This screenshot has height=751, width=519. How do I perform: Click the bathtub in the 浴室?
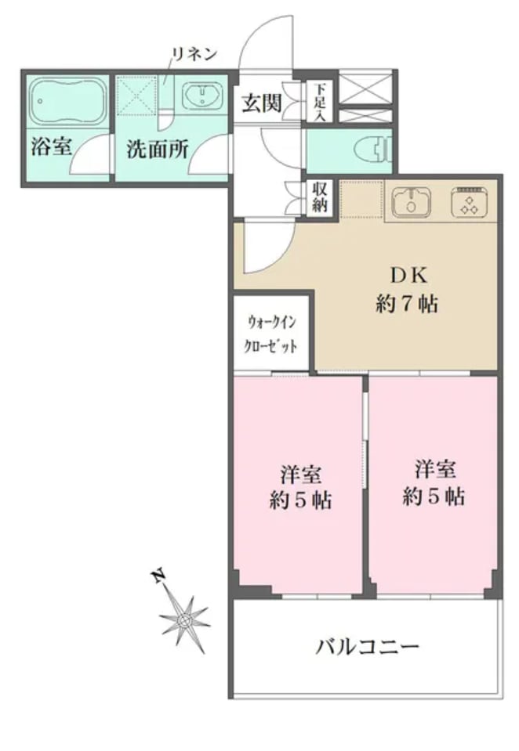(67, 100)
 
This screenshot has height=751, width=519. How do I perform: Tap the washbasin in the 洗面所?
(202, 96)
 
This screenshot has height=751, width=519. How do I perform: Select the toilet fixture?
(373, 149)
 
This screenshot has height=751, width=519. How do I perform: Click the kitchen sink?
(411, 201)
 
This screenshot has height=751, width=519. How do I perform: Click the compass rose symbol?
(184, 620)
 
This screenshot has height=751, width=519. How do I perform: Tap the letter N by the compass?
(157, 576)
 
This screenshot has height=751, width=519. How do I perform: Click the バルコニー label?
(367, 648)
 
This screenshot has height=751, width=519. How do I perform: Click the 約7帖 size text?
(407, 304)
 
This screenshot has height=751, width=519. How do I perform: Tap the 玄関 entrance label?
(261, 103)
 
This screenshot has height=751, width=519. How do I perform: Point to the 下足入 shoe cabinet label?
(319, 102)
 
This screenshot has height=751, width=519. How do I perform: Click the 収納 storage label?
(319, 197)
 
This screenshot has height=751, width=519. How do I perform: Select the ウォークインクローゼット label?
(271, 334)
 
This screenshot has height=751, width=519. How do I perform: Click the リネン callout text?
(194, 53)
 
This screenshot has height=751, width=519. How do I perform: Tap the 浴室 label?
(51, 146)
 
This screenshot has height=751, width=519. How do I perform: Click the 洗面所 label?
(157, 150)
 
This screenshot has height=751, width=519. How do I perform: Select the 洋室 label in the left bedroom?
(301, 474)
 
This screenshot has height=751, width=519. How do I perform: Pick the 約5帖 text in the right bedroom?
(433, 496)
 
